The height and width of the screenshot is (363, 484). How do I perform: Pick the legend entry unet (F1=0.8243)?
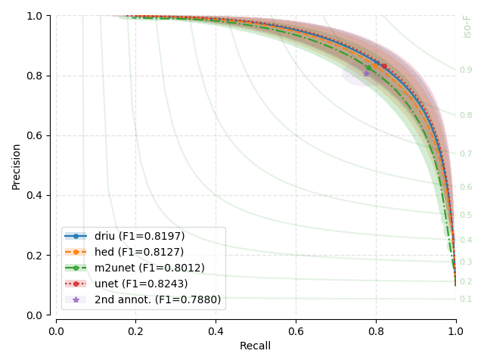(141, 284)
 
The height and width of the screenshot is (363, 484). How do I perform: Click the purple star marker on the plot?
(367, 73)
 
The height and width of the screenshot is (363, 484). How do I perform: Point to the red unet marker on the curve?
(384, 66)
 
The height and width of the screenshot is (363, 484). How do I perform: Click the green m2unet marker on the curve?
(368, 67)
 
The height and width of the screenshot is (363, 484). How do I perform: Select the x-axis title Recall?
(255, 346)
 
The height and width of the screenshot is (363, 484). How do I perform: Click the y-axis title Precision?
(17, 165)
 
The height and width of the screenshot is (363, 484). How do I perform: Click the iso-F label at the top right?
(467, 26)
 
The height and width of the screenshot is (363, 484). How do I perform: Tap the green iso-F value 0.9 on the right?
(466, 70)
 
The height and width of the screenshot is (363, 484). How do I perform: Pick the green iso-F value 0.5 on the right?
(466, 216)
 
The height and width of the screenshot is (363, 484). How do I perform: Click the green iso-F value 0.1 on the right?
(466, 299)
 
